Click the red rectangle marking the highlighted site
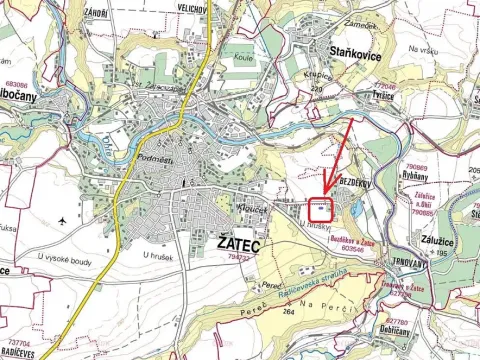pyautogui.click(x=320, y=210)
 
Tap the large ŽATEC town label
pyautogui.click(x=235, y=243)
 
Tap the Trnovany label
pyautogui.click(x=419, y=263)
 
